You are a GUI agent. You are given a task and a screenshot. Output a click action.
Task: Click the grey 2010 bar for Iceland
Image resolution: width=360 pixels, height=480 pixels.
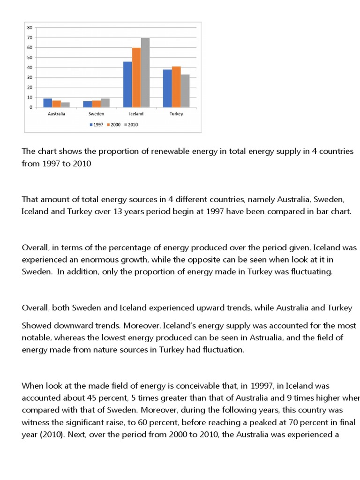click(145, 73)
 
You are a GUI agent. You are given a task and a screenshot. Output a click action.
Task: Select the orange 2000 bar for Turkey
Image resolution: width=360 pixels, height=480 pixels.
click(176, 87)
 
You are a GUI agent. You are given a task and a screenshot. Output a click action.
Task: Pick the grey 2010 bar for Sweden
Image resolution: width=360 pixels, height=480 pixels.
click(105, 103)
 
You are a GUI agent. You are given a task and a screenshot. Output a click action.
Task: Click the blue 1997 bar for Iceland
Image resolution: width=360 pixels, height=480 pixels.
click(127, 84)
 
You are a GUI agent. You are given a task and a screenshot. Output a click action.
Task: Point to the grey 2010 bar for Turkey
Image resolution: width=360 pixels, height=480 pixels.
click(185, 91)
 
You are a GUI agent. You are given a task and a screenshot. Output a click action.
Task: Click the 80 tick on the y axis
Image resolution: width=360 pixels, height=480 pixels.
click(30, 28)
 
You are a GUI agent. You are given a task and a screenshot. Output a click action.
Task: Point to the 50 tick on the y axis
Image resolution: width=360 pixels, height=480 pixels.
click(30, 58)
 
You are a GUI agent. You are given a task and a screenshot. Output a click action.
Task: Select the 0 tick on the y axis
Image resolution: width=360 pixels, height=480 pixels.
click(31, 107)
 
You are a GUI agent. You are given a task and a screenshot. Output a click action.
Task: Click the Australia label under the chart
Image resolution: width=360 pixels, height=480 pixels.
click(57, 114)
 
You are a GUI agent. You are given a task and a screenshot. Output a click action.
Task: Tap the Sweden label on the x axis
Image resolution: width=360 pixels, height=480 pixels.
click(96, 114)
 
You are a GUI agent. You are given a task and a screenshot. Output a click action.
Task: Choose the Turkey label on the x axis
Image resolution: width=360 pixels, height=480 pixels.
click(176, 114)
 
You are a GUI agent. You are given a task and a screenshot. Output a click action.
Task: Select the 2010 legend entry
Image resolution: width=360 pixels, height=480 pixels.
click(133, 125)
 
